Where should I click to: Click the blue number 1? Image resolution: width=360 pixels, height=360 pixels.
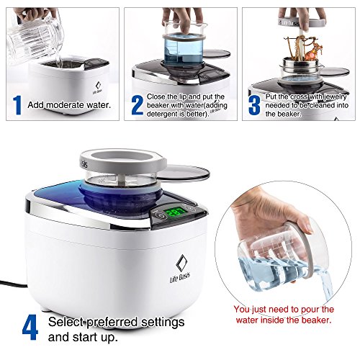point(15,104)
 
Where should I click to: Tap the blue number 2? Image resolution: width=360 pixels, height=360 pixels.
point(135,104)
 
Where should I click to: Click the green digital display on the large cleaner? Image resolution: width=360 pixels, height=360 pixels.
point(174,213)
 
